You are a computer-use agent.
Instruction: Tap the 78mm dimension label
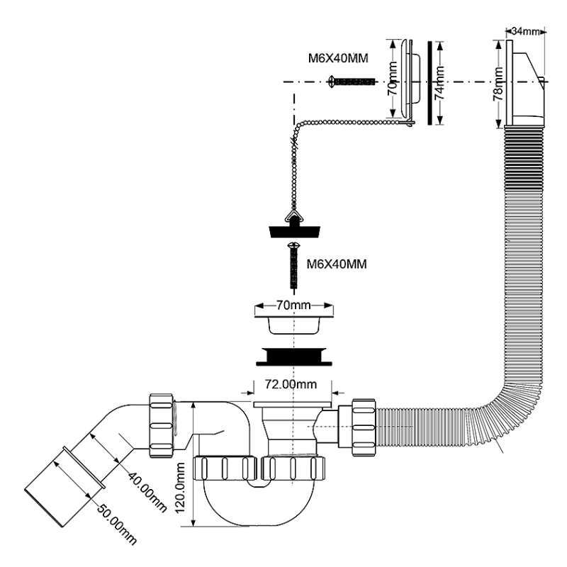[x=499, y=84]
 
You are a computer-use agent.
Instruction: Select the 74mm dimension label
[x=439, y=83]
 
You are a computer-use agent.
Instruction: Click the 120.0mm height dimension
[x=182, y=493]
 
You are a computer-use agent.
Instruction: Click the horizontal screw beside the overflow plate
[x=352, y=83]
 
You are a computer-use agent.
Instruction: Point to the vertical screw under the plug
[x=293, y=265]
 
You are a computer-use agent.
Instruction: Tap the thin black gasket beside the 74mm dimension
[x=428, y=83]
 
